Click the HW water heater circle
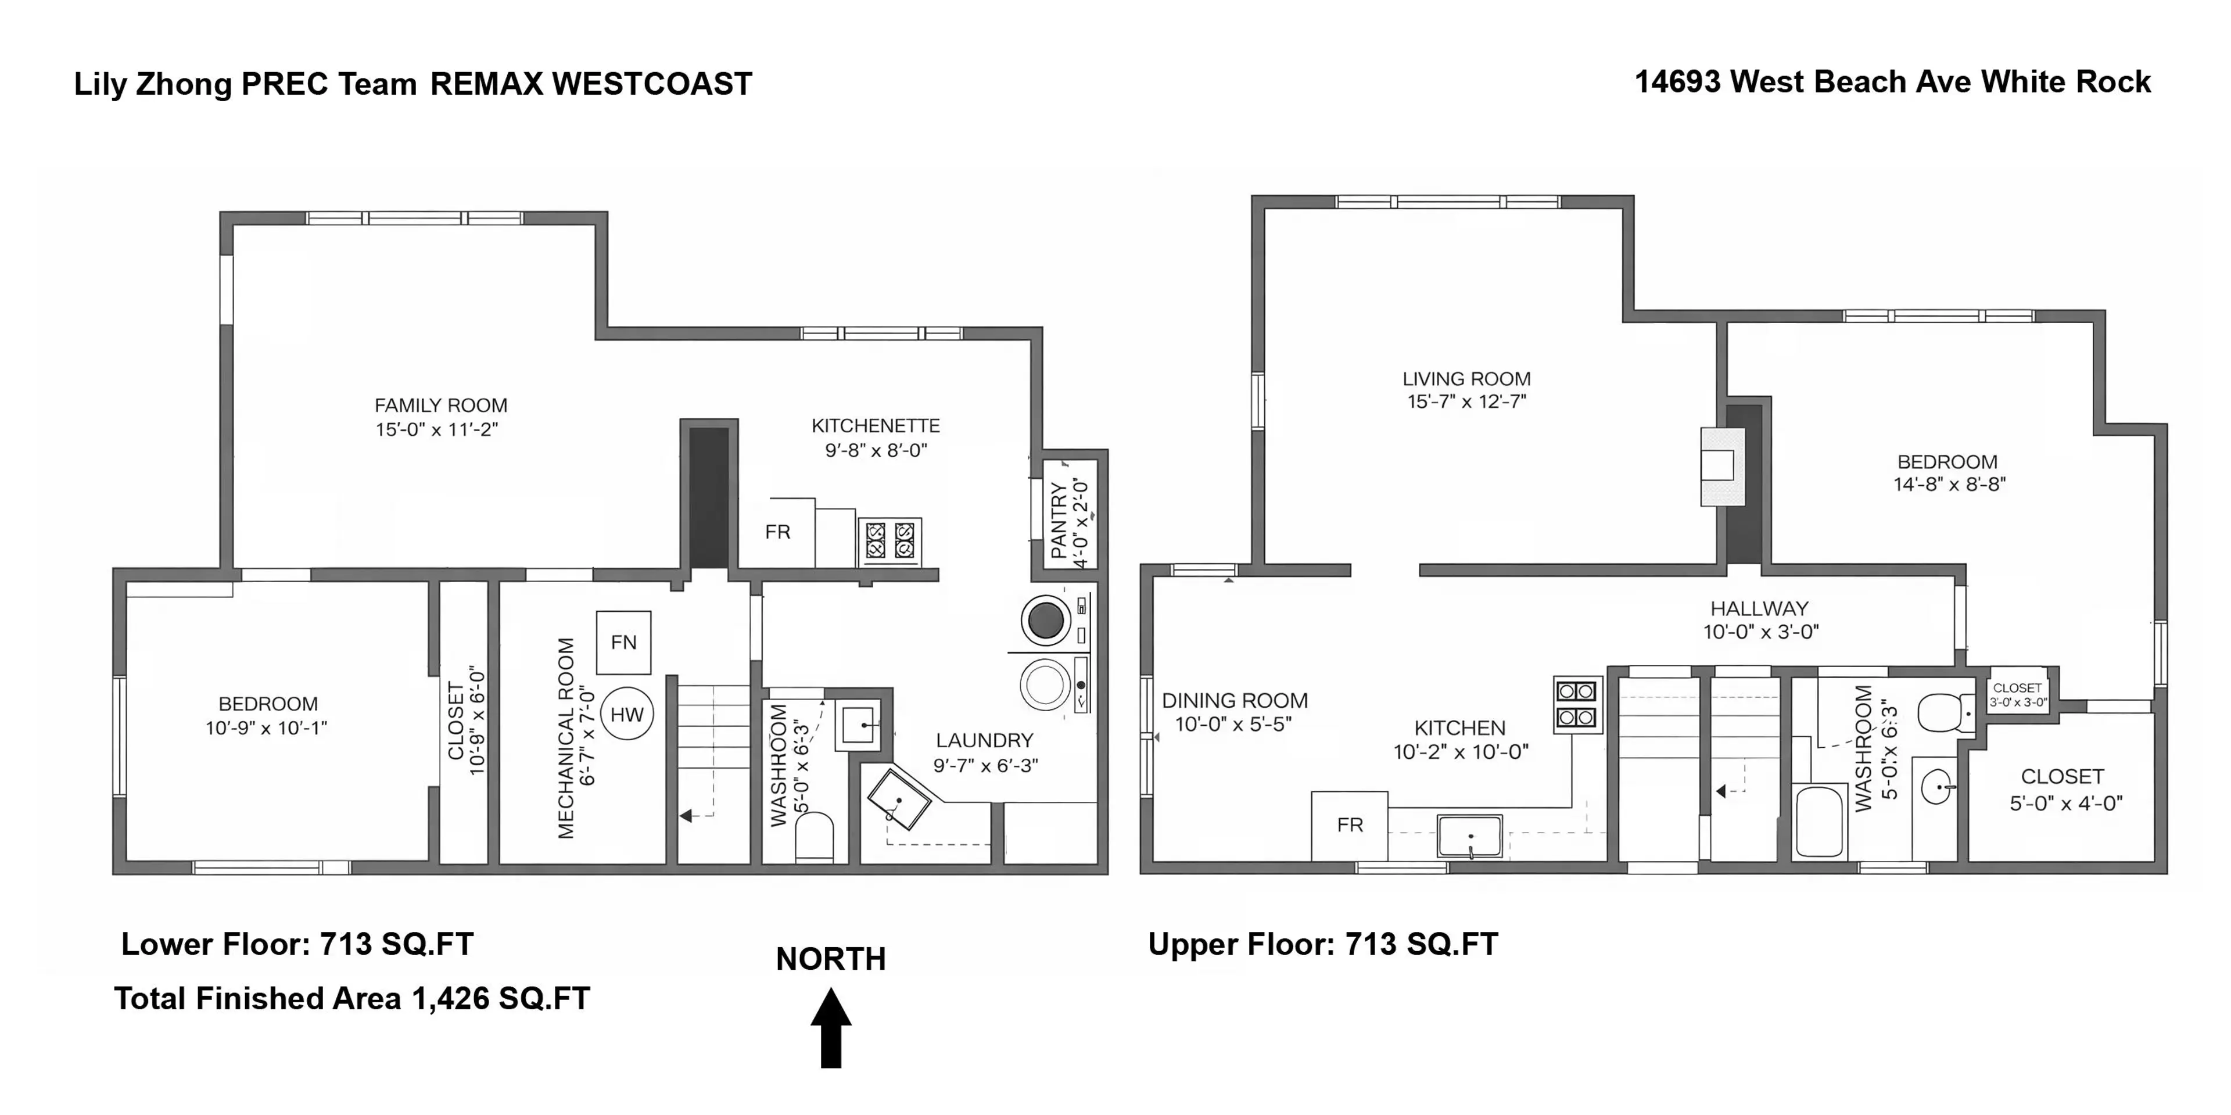[x=627, y=715]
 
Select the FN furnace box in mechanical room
[x=623, y=643]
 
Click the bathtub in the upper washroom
[x=1820, y=820]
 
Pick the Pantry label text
[x=1059, y=521]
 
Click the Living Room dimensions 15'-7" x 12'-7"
[x=1466, y=401]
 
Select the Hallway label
[x=1759, y=609]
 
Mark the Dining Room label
[x=1234, y=700]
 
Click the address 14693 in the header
[x=1677, y=83]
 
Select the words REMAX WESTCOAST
[x=591, y=84]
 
